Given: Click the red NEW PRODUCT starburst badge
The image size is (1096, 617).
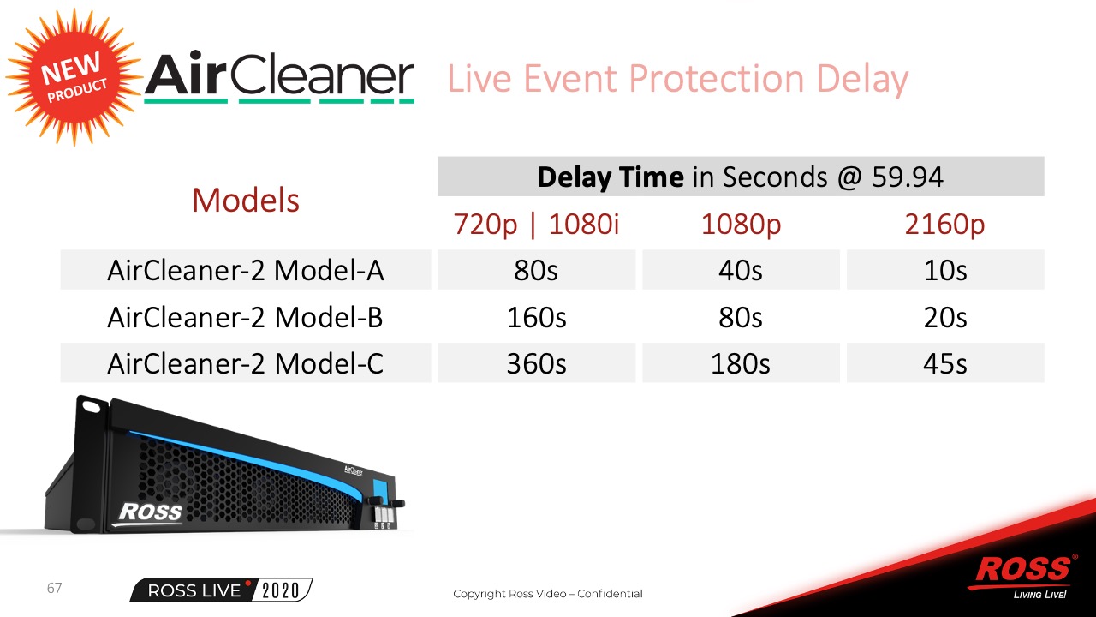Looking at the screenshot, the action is coord(74,77).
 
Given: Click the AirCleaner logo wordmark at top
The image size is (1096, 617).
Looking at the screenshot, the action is coord(279,77).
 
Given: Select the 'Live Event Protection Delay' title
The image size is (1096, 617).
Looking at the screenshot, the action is coord(677,80).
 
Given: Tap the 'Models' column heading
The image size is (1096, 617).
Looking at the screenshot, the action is coord(246,201).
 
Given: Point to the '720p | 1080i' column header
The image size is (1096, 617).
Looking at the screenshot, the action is coord(536,225).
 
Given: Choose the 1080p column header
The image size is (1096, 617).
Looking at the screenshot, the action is coord(741,225).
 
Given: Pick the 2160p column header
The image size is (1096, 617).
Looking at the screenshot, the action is coord(944,225).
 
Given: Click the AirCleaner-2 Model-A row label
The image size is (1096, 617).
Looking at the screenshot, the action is coord(246,270).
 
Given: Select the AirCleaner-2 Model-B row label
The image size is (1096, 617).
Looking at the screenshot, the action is coord(246,317).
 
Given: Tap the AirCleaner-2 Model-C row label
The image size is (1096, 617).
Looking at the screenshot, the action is coord(246,364).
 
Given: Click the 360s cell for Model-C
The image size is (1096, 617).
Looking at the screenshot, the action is coord(536,364).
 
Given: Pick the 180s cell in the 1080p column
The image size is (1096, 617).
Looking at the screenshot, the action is coord(741,364).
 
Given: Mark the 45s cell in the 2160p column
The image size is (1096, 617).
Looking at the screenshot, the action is coord(944,364).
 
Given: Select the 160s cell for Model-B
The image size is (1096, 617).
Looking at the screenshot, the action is coord(536,317).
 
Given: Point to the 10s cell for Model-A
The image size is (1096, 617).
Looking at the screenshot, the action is coord(944,270).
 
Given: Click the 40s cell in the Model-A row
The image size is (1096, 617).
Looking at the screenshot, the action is coord(741,270).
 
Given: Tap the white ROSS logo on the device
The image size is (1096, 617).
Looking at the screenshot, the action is coord(150,513).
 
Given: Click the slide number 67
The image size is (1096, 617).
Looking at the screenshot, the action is coord(54,588).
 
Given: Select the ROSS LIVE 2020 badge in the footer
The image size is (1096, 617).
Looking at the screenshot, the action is coord(221,590).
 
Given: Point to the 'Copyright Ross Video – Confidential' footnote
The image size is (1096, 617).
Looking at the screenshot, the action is coord(548,594).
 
